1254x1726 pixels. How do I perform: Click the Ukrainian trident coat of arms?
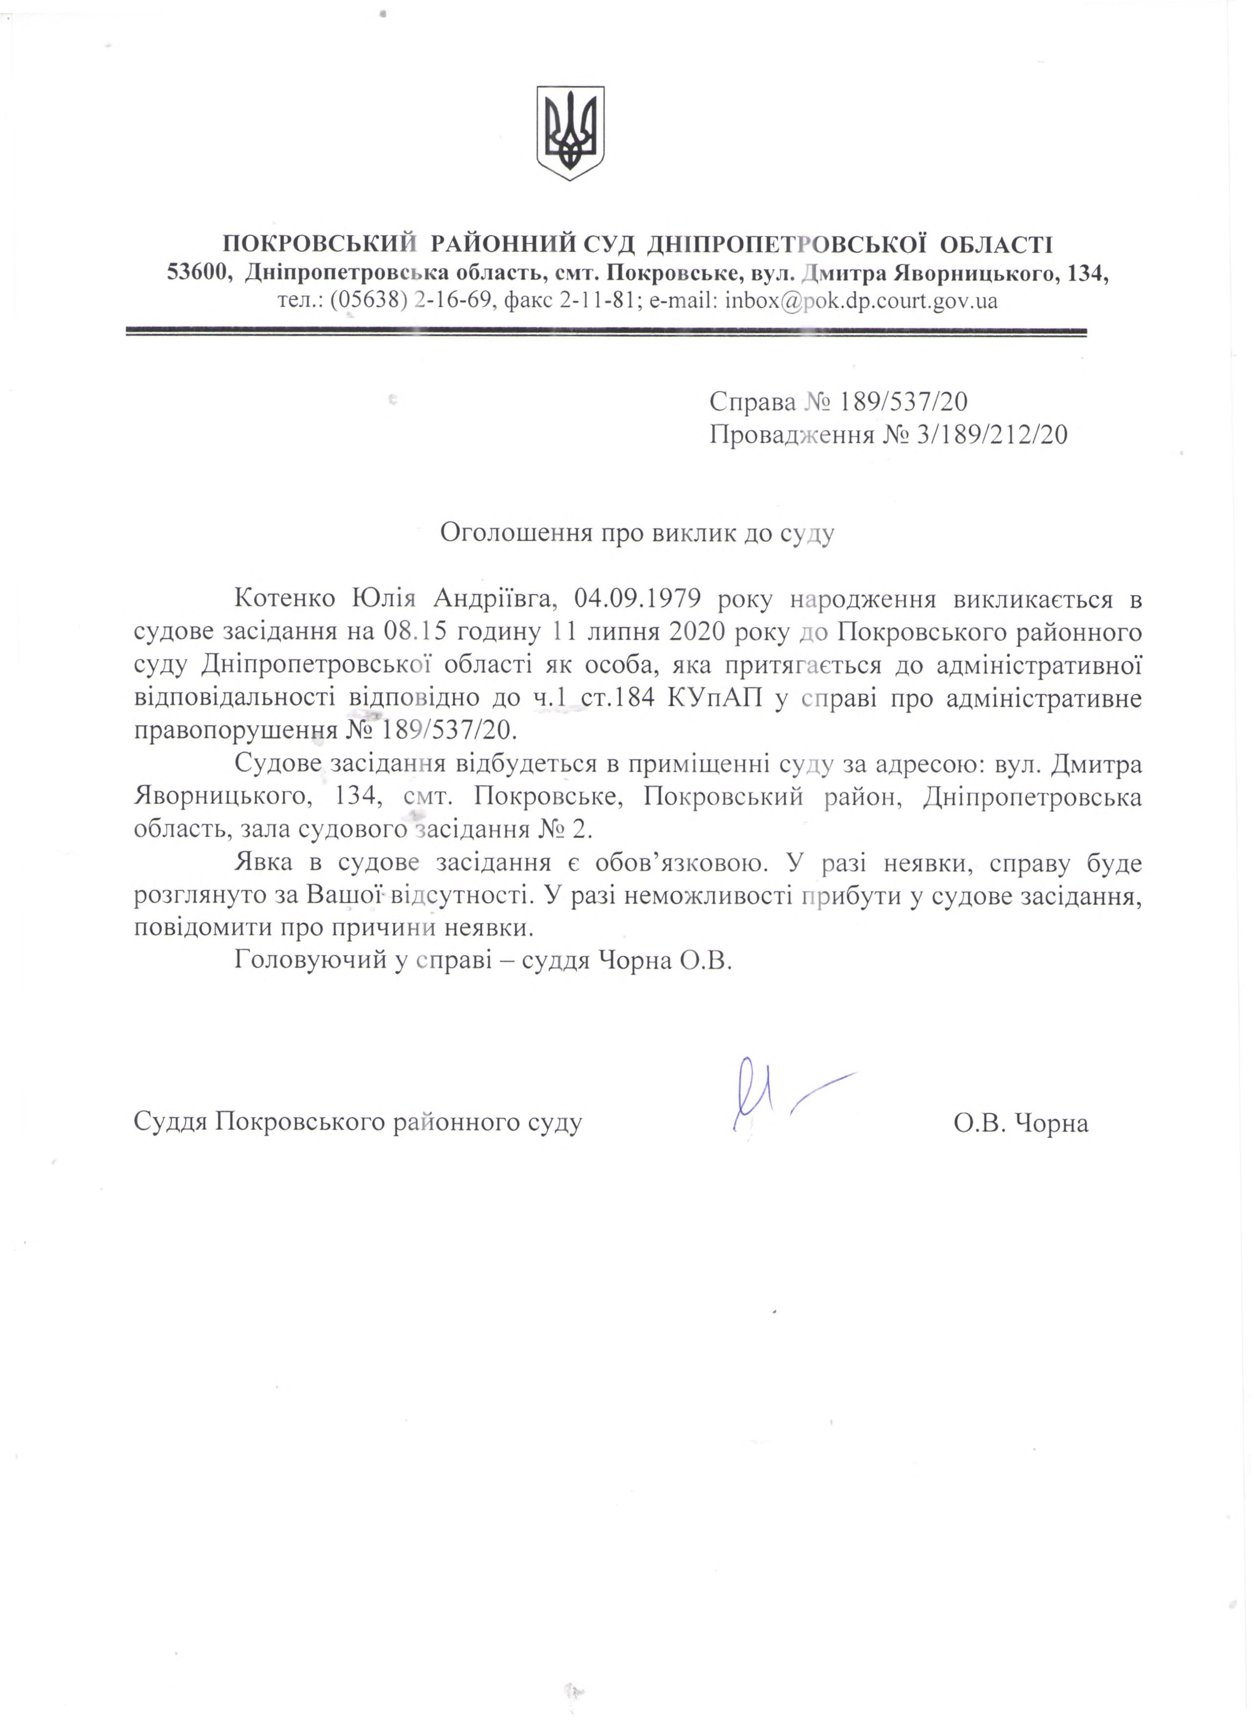(570, 133)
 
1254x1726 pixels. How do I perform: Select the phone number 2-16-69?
(450, 301)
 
